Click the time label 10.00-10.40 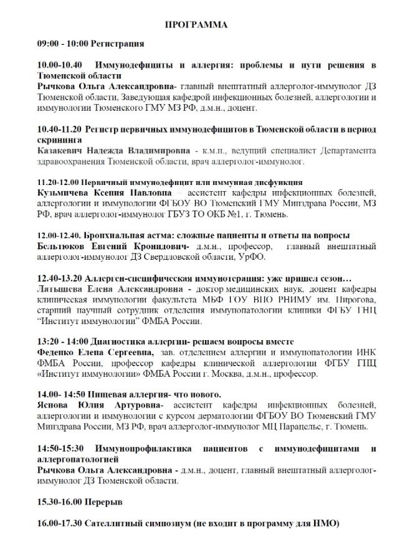[x=60, y=65]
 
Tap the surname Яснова [x=54, y=406]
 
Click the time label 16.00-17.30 [x=59, y=524]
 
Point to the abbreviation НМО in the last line [x=326, y=524]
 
